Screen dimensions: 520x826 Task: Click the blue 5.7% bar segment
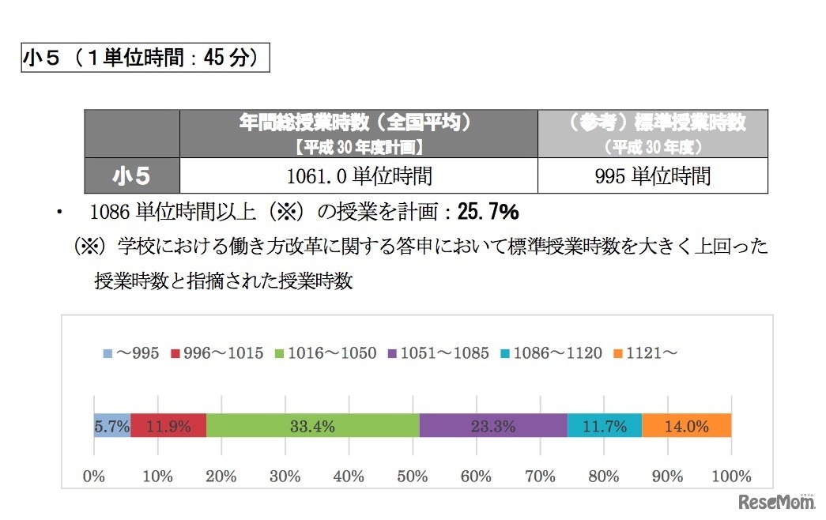tap(111, 426)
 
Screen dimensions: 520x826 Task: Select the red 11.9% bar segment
tap(168, 426)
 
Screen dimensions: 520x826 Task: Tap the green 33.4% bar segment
tap(312, 426)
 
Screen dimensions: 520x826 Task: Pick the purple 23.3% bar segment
tap(493, 426)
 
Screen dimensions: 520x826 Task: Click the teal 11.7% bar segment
tap(605, 426)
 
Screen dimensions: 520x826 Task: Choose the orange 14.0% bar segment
tap(686, 426)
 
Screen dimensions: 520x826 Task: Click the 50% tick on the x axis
tap(413, 477)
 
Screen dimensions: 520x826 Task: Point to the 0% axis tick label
tap(94, 477)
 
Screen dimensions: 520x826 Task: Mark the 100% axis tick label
tap(731, 477)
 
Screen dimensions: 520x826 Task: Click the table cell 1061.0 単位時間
tap(359, 175)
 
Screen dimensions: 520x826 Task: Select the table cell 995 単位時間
tap(652, 175)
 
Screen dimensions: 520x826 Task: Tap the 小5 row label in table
tap(132, 175)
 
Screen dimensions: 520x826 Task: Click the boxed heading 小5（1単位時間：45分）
tap(146, 58)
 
